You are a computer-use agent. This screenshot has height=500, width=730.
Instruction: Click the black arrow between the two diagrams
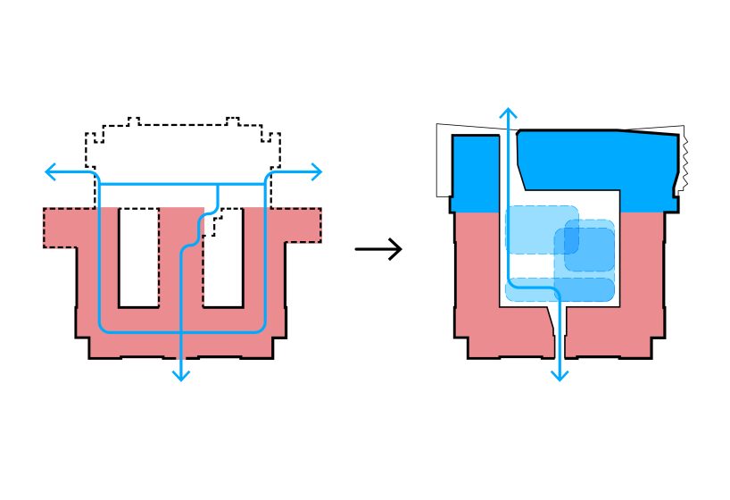[x=379, y=249]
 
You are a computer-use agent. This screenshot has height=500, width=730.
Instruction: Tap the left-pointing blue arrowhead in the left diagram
[x=49, y=171]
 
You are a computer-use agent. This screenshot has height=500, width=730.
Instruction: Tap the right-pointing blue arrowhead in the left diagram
[x=316, y=171]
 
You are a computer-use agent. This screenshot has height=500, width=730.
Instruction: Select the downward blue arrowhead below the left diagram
[x=181, y=375]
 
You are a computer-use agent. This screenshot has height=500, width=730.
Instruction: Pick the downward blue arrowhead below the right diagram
[x=560, y=375]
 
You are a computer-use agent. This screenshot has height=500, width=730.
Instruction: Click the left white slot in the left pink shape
[x=138, y=257]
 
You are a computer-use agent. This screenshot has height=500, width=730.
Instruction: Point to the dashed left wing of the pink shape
[x=60, y=227]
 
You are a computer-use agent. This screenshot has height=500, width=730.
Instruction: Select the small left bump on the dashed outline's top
[x=134, y=120]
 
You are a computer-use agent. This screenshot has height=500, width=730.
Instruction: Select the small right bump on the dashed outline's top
[x=232, y=120]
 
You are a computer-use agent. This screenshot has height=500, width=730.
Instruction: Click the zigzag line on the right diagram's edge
[x=684, y=161]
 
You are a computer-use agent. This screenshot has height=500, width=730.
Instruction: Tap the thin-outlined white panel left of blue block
[x=444, y=161]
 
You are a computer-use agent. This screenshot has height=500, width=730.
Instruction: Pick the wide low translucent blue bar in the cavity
[x=560, y=289]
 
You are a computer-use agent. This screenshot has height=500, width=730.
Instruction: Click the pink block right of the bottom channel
[x=616, y=330]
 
